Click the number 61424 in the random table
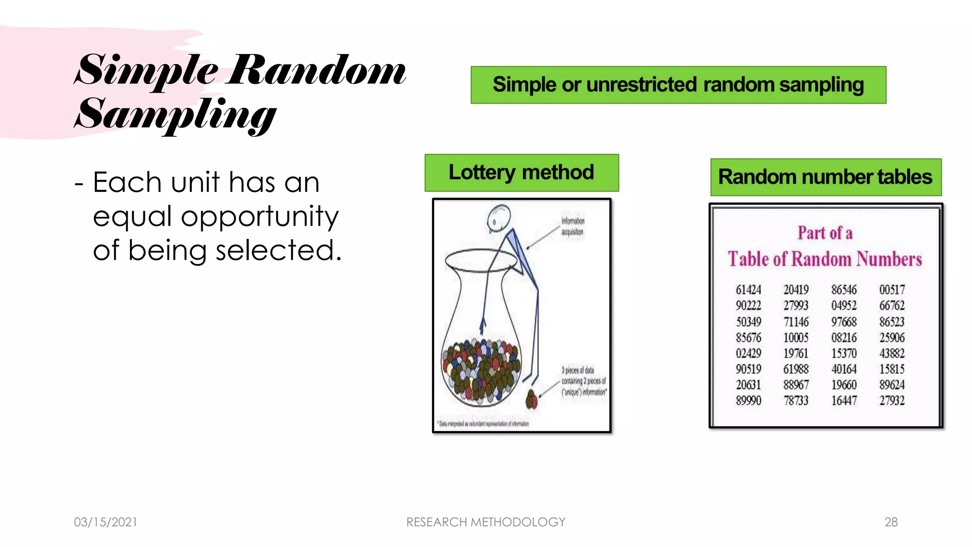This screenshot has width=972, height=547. (748, 290)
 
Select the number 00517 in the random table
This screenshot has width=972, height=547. (892, 290)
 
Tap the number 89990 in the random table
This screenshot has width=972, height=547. (748, 400)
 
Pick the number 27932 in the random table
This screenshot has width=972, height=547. (892, 400)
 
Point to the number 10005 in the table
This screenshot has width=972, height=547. (796, 338)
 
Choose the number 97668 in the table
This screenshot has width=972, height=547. (844, 322)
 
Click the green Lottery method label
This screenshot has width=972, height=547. (522, 172)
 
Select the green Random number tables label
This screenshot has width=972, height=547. (825, 177)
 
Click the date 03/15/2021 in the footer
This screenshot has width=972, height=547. (105, 522)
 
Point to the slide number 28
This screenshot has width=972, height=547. (891, 522)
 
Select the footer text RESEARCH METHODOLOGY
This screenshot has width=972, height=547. (486, 522)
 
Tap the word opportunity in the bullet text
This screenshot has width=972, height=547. (260, 217)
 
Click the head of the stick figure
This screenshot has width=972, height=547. (498, 218)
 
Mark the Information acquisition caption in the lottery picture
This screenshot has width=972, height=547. (572, 226)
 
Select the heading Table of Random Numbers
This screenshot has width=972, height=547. (825, 259)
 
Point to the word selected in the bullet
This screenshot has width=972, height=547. (278, 251)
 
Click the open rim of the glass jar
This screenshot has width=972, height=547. (481, 260)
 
